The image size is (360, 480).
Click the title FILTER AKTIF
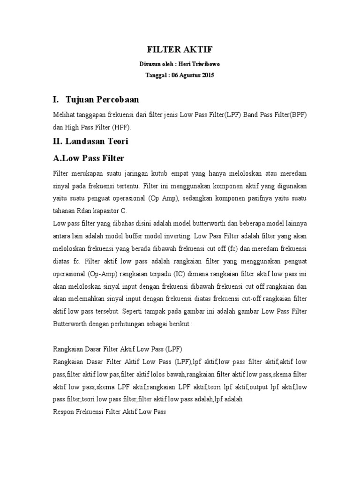[x=180, y=50]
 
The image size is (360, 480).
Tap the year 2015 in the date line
[x=207, y=75]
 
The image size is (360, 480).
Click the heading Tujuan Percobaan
[x=103, y=100]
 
